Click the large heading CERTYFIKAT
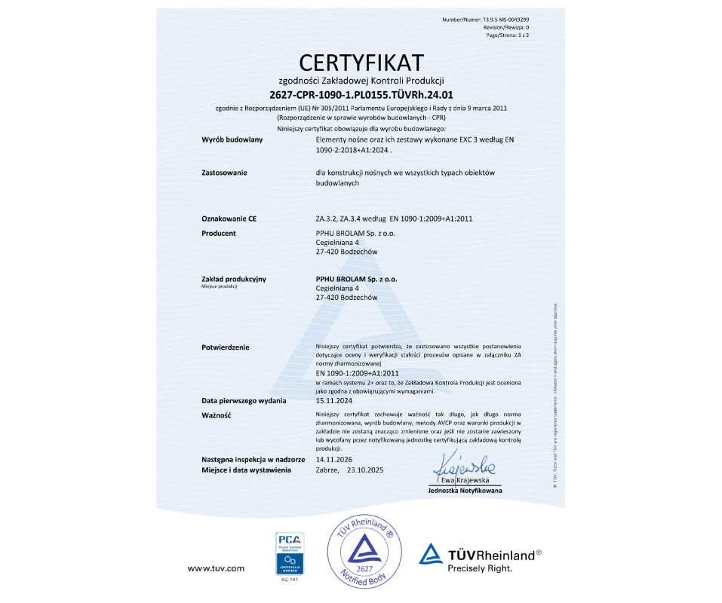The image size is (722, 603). click(361, 62)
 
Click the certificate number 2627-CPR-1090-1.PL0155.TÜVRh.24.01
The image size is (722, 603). click(361, 94)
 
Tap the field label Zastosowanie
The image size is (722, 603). click(224, 173)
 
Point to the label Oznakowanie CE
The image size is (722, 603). click(229, 219)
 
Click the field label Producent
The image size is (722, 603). click(219, 234)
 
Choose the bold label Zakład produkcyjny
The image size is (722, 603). click(234, 279)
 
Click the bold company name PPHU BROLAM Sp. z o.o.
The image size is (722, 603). click(356, 279)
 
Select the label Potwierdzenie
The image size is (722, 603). click(226, 347)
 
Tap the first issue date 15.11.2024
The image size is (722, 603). click(333, 401)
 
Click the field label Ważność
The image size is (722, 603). click(216, 415)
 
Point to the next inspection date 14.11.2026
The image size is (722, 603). click(333, 459)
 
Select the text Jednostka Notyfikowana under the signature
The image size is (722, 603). click(465, 491)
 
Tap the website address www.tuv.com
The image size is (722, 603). click(216, 568)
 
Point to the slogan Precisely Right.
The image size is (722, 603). click(480, 568)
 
